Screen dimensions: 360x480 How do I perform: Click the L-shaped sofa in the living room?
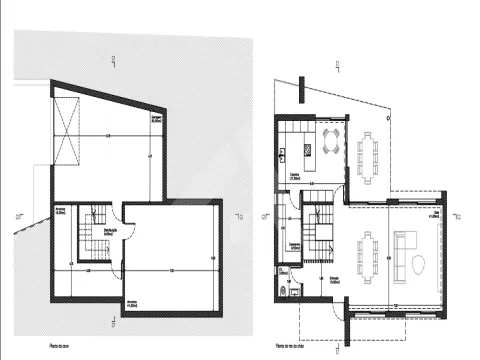tap(405, 245)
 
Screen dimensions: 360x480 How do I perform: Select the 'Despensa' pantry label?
tap(297, 243)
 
